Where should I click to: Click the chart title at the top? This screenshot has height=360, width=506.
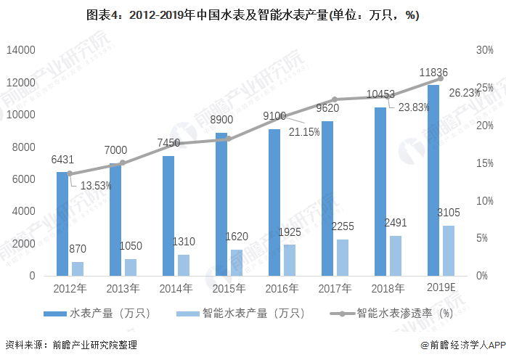[x=253, y=15]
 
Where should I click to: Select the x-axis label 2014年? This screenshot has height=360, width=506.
[x=176, y=287]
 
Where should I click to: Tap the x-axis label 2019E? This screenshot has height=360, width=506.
[x=441, y=287]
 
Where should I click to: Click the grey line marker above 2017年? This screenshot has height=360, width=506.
[x=335, y=99]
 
